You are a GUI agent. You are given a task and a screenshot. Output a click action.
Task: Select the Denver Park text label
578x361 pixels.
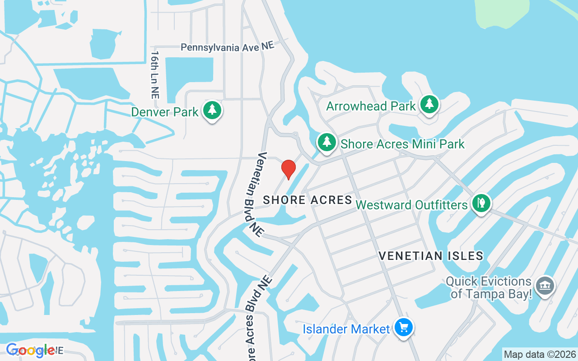click(x=165, y=111)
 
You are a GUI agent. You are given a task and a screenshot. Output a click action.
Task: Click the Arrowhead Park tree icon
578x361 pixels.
click(x=429, y=105)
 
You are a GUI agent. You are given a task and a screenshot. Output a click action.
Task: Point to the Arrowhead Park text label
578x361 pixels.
click(x=371, y=106)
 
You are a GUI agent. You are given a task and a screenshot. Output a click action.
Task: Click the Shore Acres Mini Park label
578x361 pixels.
click(x=402, y=144)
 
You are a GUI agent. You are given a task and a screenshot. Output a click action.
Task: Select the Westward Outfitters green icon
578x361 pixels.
click(x=481, y=203)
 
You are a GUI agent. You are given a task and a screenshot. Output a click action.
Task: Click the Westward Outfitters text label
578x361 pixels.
click(x=411, y=205)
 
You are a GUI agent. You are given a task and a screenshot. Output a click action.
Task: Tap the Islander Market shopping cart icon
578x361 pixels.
click(x=403, y=328)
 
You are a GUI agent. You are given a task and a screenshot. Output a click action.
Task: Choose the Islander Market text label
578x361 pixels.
click(x=346, y=329)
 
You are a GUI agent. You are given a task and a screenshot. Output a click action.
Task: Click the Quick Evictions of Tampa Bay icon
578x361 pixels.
click(x=545, y=286)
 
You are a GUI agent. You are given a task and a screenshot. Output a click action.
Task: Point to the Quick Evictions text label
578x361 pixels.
click(x=489, y=288)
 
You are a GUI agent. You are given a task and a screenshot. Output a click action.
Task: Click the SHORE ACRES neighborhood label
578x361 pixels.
click(x=308, y=200)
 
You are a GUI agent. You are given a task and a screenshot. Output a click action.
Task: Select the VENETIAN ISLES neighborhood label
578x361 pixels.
click(x=431, y=256)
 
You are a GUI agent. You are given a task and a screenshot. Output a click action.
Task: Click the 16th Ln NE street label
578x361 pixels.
click(x=155, y=74)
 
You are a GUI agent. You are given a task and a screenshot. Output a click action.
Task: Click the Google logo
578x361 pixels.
click(x=30, y=350)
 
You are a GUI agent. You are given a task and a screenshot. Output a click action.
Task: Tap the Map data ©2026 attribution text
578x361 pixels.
click(x=540, y=354)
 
